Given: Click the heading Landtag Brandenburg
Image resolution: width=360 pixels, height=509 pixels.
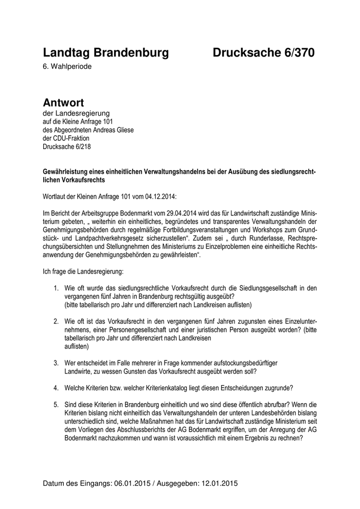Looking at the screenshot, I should tap(105, 52).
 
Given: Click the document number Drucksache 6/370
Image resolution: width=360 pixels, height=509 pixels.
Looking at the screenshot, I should tap(263, 52).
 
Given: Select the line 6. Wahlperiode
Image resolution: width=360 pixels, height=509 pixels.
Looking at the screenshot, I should tap(68, 66).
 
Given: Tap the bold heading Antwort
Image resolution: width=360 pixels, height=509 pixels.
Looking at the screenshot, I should tap(63, 103).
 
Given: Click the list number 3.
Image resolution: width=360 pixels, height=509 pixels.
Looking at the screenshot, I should tap(56, 363).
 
